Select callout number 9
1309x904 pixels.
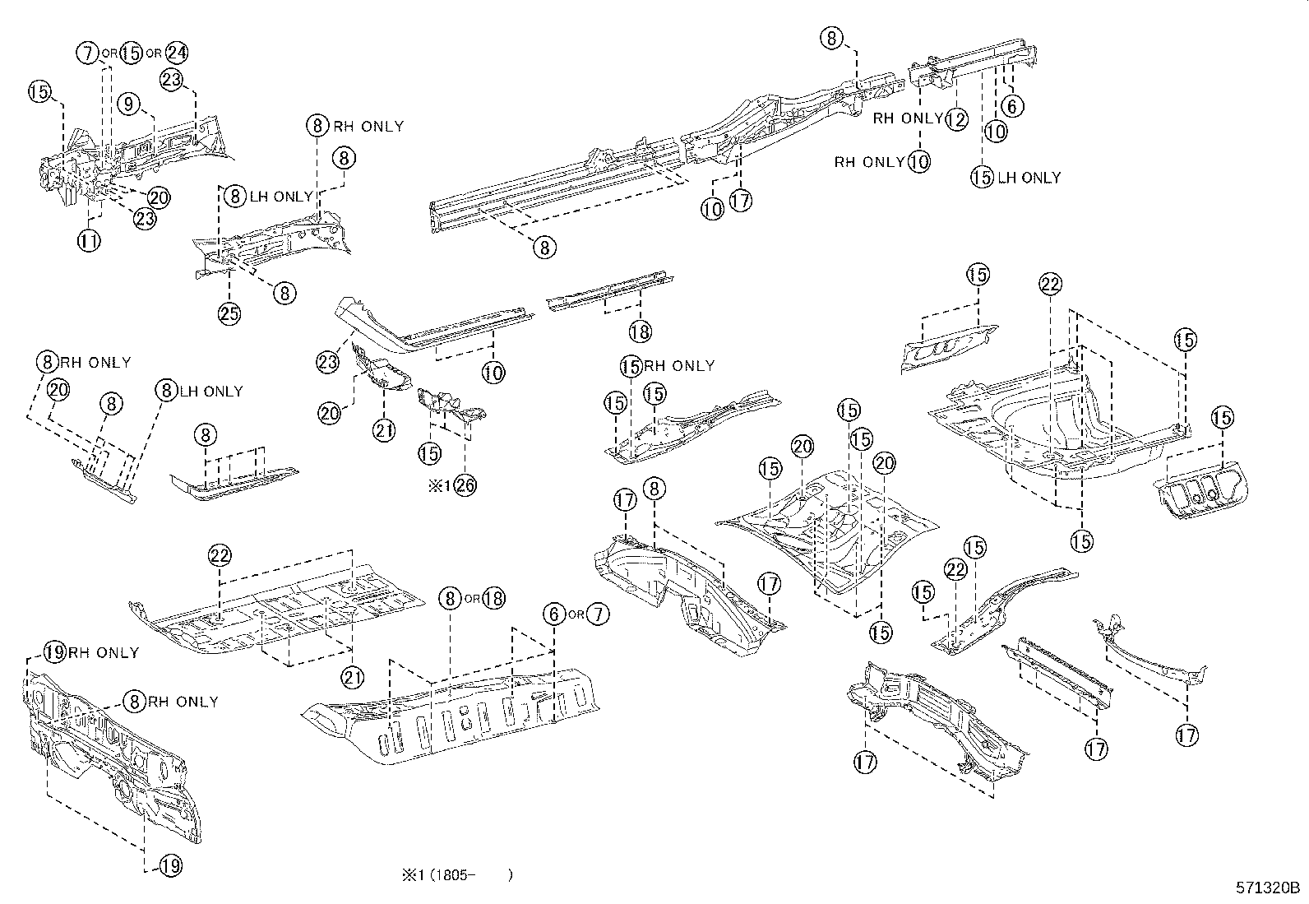tap(130, 104)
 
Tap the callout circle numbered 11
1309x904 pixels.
tap(90, 241)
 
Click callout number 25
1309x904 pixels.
tap(229, 313)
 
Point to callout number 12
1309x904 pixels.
tap(956, 119)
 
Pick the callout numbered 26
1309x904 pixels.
tap(465, 484)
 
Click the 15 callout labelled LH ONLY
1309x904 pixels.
tap(983, 177)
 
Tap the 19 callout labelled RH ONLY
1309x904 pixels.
tap(54, 653)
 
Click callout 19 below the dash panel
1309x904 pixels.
tap(170, 865)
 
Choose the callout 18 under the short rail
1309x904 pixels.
tap(640, 331)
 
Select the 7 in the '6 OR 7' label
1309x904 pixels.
tap(598, 614)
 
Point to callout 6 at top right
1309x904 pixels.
tap(1012, 105)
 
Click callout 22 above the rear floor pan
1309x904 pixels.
tap(1050, 285)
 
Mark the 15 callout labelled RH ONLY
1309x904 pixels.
tap(631, 366)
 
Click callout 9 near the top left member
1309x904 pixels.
tap(130, 104)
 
